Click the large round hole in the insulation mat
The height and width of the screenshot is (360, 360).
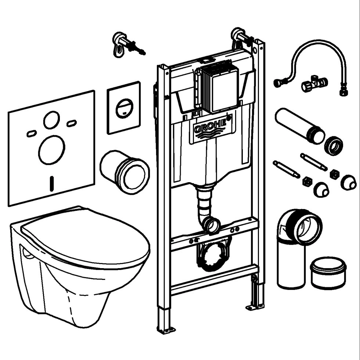pos(51,150)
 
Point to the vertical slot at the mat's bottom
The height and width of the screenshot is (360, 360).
pos(52,183)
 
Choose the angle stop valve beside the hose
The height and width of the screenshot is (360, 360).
pos(314,84)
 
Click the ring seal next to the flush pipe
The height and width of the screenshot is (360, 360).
pos(334,145)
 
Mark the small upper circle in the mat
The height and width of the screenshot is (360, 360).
pos(51,120)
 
